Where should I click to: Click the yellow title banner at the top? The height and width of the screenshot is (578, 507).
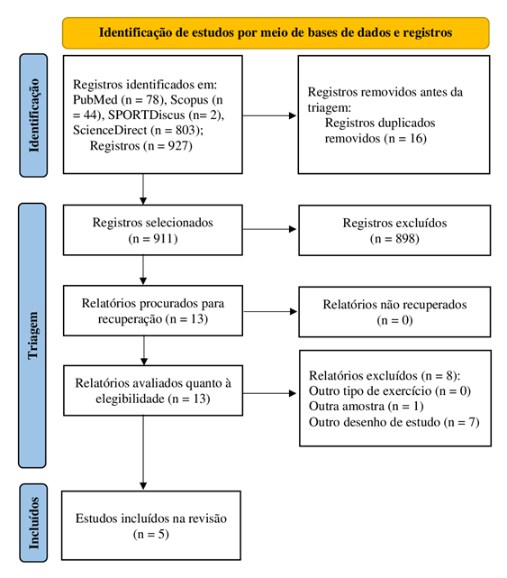pos(276,32)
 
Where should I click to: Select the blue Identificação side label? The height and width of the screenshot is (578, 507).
pos(33,115)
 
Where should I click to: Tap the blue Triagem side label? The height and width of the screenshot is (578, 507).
pos(32,335)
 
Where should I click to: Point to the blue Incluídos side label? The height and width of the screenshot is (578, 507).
pos(33,523)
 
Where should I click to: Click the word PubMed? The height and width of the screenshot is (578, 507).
pos(95,100)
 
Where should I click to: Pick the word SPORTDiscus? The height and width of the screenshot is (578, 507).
pos(146,115)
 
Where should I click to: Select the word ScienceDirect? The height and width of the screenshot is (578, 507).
pos(110,130)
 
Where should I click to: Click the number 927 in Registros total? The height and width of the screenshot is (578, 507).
pos(178,146)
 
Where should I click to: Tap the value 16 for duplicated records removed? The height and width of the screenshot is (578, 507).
pos(417,139)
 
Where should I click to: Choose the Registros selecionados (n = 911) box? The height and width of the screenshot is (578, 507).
pos(153,230)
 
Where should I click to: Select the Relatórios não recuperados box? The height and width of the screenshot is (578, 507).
pos(394,312)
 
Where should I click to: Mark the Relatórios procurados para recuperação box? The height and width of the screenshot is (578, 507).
pos(153,310)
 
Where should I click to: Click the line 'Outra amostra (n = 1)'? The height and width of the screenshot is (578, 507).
pos(367,406)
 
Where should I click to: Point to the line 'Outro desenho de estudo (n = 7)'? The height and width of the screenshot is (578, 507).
pos(394,422)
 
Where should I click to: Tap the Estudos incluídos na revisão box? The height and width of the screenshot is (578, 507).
pos(151,526)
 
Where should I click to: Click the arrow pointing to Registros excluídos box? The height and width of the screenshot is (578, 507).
pos(269,229)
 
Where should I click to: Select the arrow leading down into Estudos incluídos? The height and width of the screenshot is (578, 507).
pos(143,453)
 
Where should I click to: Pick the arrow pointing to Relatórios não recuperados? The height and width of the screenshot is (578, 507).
pos(270,311)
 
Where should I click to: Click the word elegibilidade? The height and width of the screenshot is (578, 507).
pos(130,399)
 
